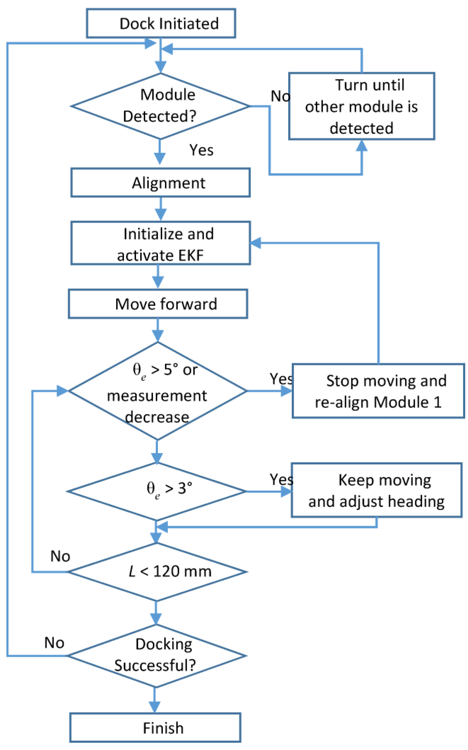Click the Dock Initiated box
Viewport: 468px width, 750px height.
click(161, 24)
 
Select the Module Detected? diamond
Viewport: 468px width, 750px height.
click(160, 106)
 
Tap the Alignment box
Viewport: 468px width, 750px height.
click(160, 183)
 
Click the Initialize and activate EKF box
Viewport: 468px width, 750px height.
click(160, 243)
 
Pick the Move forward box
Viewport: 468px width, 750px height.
click(158, 304)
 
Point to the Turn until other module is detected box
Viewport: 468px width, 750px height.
click(361, 106)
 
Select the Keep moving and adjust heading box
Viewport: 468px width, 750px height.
click(376, 490)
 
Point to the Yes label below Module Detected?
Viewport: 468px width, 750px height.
click(201, 150)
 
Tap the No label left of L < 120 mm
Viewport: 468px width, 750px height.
click(60, 556)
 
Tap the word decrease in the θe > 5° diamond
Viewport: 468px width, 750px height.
click(157, 417)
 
